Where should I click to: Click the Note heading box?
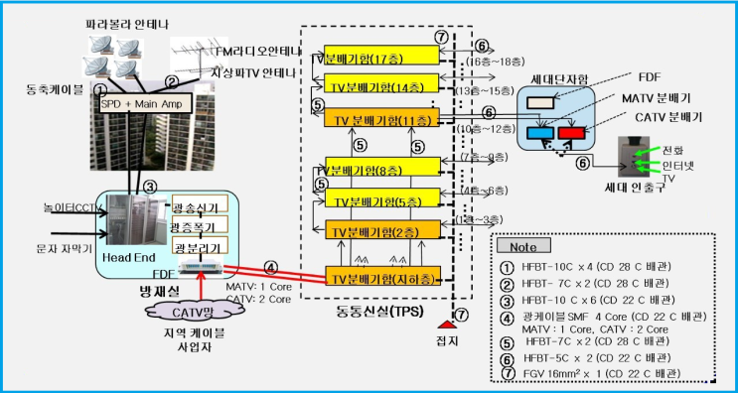click(x=525, y=245)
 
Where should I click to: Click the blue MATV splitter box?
click(x=545, y=133)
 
